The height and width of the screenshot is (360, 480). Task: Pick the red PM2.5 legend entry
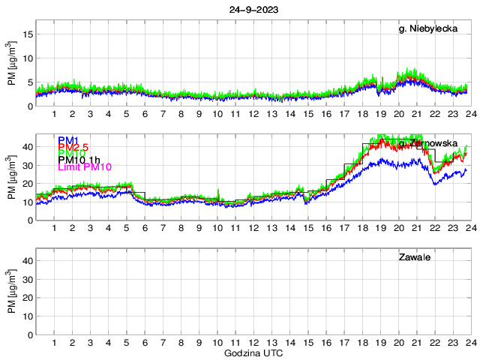(73, 148)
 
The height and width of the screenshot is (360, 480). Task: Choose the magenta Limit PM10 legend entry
(85, 166)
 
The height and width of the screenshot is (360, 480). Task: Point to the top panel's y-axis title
(11, 70)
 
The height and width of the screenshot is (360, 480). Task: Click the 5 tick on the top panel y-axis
(29, 82)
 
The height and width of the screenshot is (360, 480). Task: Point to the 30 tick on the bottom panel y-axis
(27, 280)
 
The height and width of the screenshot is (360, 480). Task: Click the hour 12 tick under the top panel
(253, 114)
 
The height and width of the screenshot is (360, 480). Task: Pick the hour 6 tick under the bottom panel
(145, 343)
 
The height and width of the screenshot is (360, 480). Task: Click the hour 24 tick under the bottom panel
(471, 343)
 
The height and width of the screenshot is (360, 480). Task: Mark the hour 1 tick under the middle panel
(54, 228)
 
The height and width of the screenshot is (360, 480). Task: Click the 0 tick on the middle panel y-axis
(29, 220)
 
